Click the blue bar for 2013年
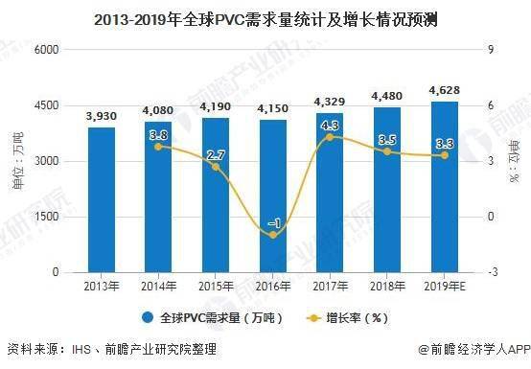102,199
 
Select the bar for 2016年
273,196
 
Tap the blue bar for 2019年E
445,187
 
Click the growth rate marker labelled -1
273,235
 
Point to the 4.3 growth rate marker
330,137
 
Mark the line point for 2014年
158,147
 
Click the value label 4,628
445,90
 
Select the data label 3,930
102,117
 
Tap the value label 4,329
330,102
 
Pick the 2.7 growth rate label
216,155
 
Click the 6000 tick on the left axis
46,50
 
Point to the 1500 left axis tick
46,217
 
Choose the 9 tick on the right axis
491,50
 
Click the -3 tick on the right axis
493,272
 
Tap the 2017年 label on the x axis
330,287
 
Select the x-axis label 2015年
216,287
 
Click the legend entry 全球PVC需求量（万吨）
213,318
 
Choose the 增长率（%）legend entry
348,318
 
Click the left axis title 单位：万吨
17,161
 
